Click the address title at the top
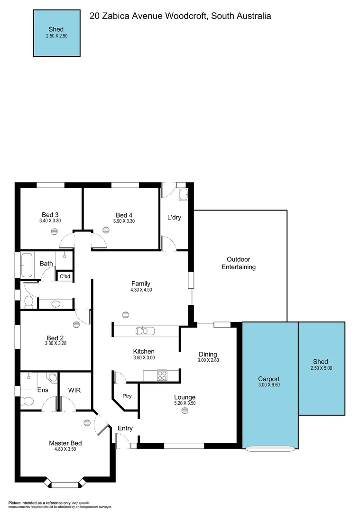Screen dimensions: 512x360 click(180, 16)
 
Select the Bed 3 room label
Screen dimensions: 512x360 click(50, 214)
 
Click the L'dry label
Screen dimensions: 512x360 click(174, 218)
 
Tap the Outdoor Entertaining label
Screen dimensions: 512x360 click(238, 263)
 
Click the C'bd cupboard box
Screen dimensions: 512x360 click(65, 276)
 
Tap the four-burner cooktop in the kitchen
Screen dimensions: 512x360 click(162, 375)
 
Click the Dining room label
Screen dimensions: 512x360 click(208, 354)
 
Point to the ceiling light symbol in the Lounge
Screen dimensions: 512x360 click(185, 411)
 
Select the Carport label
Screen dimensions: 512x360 click(268, 379)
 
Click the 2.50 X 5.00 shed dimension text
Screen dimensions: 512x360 click(321, 368)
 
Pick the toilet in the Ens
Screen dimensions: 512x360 click(28, 402)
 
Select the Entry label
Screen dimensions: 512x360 click(125, 428)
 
